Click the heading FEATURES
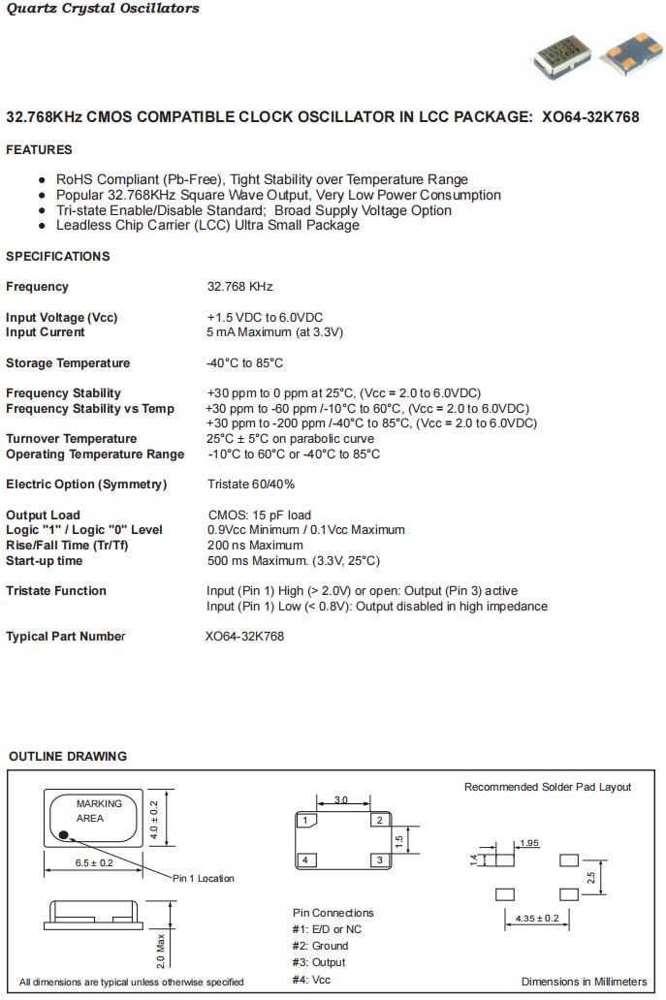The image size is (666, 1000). [39, 150]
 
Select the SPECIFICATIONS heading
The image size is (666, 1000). [58, 257]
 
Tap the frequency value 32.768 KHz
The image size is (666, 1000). [240, 287]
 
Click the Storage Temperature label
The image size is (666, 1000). [68, 363]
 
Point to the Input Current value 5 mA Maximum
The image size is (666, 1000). [275, 332]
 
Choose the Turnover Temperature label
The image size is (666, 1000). [72, 439]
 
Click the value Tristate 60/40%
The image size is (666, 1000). [251, 484]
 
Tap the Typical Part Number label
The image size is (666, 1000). [66, 637]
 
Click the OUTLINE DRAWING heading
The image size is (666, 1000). [68, 757]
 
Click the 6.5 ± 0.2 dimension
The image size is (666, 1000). [94, 862]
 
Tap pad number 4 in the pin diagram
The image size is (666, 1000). [304, 860]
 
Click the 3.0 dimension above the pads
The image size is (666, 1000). [341, 800]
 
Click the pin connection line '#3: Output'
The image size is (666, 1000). [319, 962]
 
